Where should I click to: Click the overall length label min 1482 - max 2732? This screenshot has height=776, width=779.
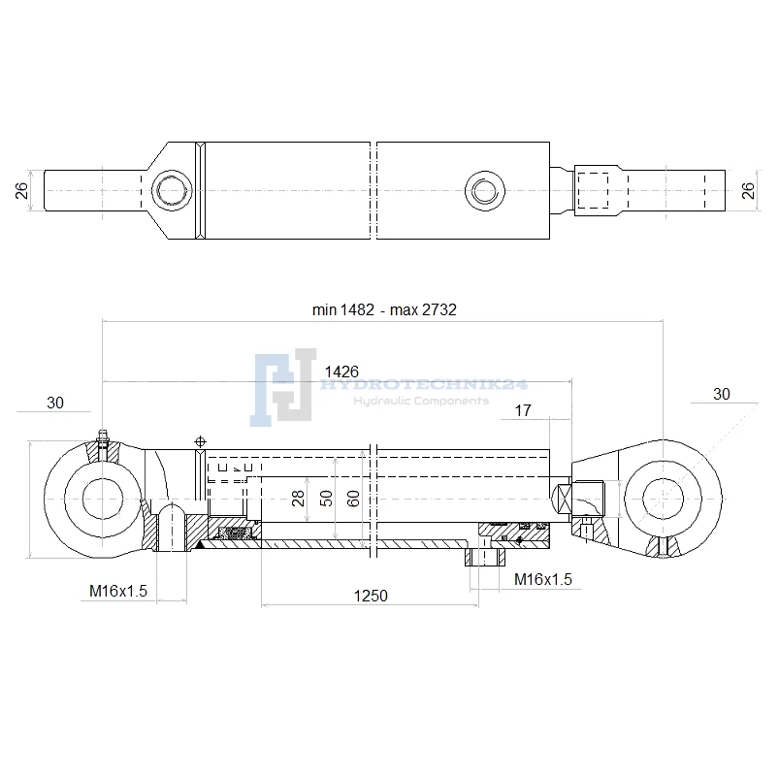[384, 309]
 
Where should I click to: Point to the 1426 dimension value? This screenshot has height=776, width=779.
[341, 372]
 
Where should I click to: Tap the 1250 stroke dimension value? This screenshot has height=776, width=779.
[371, 596]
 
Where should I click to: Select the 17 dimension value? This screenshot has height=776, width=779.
[523, 410]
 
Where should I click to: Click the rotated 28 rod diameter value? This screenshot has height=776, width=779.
[298, 498]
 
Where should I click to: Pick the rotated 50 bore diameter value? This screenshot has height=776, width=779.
[326, 498]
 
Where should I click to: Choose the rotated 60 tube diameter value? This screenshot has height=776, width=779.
[353, 498]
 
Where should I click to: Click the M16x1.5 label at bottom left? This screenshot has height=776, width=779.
[118, 591]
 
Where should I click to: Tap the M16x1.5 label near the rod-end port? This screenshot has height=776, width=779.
[543, 579]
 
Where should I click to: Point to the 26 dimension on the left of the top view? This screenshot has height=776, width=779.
[21, 191]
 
